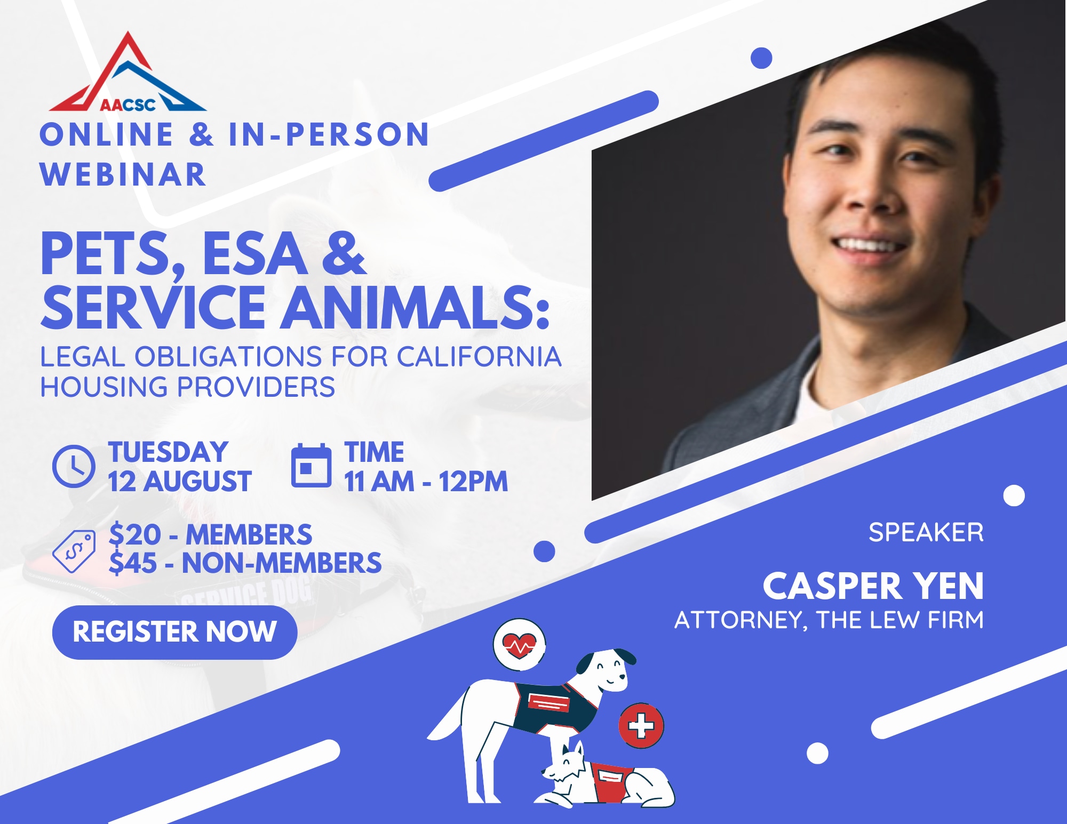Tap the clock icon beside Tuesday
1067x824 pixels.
tap(74, 466)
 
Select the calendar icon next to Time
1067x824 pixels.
tap(311, 465)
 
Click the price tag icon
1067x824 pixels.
tap(74, 551)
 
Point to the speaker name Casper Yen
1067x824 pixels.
tap(873, 586)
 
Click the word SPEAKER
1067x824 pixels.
tap(926, 532)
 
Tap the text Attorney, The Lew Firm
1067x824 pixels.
tap(829, 620)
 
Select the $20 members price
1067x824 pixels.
tap(210, 534)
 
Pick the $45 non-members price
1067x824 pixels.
tap(245, 563)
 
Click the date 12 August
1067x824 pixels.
tap(180, 481)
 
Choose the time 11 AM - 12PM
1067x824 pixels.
tap(426, 481)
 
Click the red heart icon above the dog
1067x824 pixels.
tap(519, 645)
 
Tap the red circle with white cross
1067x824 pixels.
tap(641, 726)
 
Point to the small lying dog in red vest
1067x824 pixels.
tap(608, 776)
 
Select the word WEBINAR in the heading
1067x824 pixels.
tap(123, 174)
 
